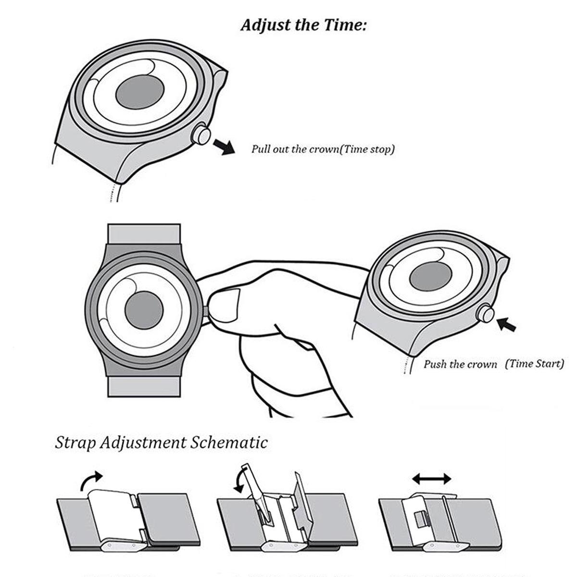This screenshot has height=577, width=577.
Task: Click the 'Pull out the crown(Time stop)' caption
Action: click(323, 149)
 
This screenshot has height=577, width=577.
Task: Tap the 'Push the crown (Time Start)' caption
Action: click(493, 364)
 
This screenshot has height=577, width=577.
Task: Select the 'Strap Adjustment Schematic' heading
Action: click(161, 442)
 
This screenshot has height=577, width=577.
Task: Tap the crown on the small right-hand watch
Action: click(486, 314)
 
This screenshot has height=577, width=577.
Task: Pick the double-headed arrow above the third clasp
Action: click(432, 478)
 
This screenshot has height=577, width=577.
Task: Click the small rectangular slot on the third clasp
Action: click(420, 519)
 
